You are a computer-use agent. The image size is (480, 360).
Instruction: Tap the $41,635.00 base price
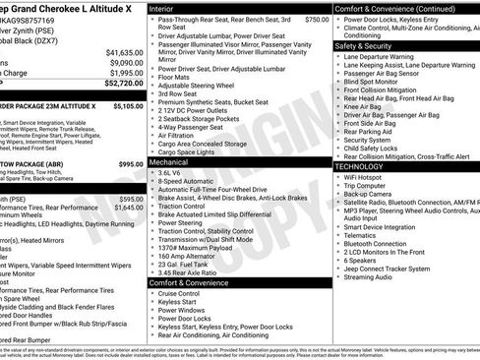(x=123, y=51)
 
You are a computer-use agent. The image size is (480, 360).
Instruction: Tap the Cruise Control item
(x=179, y=293)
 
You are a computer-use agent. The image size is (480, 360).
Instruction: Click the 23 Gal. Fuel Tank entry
(x=183, y=263)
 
